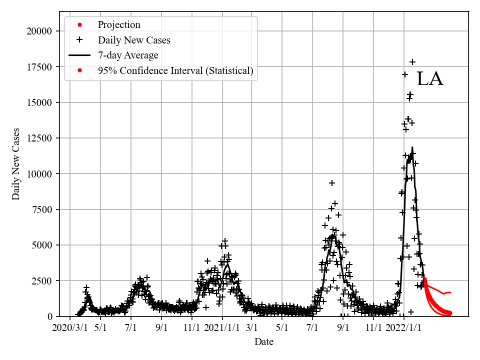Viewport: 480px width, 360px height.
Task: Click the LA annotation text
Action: coord(430,79)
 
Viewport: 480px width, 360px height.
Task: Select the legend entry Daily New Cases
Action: coord(134,40)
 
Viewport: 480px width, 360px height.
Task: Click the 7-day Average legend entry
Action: coord(128,55)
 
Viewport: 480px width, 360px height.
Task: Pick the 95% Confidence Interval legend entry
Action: coord(175,70)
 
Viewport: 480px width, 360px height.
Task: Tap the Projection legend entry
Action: coord(119,24)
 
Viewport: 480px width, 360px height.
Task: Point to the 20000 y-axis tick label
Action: coord(39,31)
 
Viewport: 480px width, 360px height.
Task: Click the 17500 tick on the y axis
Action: coord(39,67)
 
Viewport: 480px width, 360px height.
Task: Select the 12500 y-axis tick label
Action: coord(39,138)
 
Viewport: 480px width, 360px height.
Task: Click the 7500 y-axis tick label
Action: coord(42,209)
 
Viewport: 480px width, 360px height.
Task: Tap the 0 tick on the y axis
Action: coord(49,316)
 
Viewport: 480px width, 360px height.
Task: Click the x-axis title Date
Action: coord(264,342)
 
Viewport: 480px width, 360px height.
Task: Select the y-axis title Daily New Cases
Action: coord(16,164)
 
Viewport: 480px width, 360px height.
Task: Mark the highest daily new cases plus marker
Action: coord(412,62)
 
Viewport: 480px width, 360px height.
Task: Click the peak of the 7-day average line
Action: coord(412,147)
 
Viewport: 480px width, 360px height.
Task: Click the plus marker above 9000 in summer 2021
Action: coord(332,183)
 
